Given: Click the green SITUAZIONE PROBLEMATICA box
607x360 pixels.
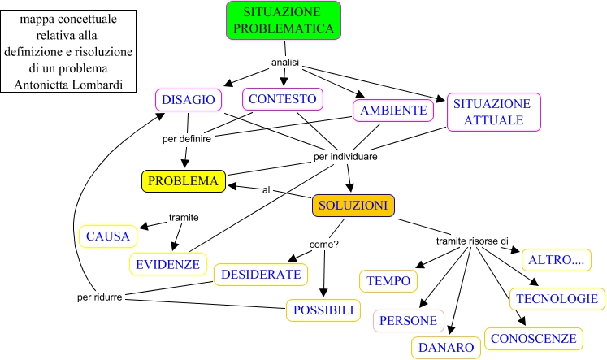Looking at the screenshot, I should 283,20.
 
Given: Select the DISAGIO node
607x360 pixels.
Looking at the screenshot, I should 188,100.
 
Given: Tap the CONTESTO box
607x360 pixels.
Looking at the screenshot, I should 282,99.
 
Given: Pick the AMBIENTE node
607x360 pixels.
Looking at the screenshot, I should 394,110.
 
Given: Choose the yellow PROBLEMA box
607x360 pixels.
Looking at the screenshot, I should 183,181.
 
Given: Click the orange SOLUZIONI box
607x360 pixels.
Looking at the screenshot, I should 353,206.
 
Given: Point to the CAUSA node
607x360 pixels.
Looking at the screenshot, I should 108,236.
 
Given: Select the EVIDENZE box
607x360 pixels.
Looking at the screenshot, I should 167,264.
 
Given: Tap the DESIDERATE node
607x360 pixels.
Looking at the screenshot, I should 261,275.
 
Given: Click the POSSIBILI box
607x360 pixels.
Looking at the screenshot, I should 322,310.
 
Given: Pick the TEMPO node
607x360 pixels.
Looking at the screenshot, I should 388,280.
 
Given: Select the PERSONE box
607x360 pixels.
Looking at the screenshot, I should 409,321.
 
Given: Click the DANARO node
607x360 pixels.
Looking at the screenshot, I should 447,348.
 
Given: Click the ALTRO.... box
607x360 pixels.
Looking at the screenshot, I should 556,260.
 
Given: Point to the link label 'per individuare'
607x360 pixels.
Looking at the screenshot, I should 345,155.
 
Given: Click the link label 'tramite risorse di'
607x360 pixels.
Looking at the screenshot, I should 472,241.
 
